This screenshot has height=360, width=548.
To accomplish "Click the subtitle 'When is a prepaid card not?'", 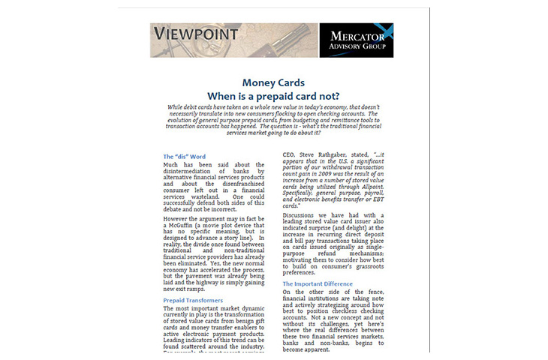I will tap(274, 96).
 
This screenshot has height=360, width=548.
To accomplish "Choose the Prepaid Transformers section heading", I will tap(193, 300).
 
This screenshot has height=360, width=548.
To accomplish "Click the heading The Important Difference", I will tap(323, 284).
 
